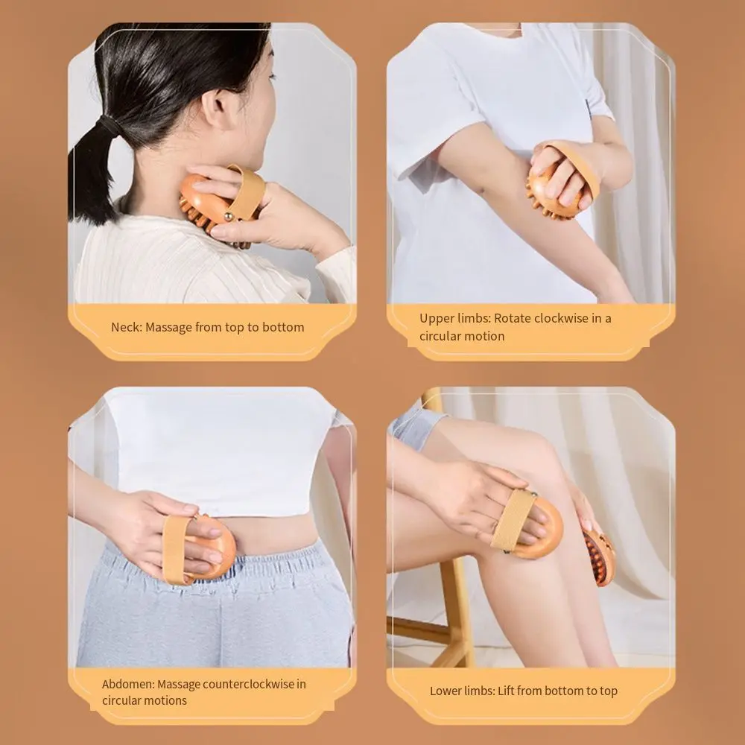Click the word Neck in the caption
click(126, 327)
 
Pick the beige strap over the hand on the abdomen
click(177, 548)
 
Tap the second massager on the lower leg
click(600, 556)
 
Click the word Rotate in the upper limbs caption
click(513, 318)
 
